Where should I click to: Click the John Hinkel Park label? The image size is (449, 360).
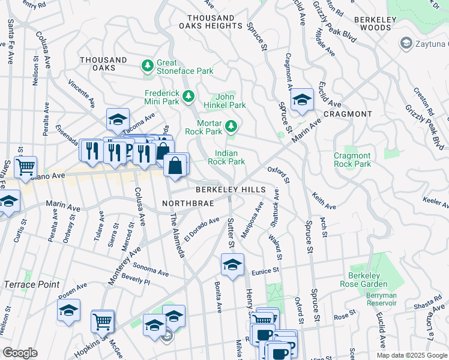231,100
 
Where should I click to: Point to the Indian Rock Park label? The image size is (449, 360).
226,157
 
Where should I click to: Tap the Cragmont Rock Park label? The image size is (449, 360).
352,160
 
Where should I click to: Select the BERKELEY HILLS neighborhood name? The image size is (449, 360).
230,190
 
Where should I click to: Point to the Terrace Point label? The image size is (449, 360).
32,284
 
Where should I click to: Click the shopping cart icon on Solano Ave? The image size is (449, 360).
25,167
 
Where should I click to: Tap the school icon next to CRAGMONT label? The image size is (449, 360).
302,100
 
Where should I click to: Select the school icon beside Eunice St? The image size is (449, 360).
232,264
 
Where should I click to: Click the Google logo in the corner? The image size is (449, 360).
20,353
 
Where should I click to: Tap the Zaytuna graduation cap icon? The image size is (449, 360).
406,43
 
